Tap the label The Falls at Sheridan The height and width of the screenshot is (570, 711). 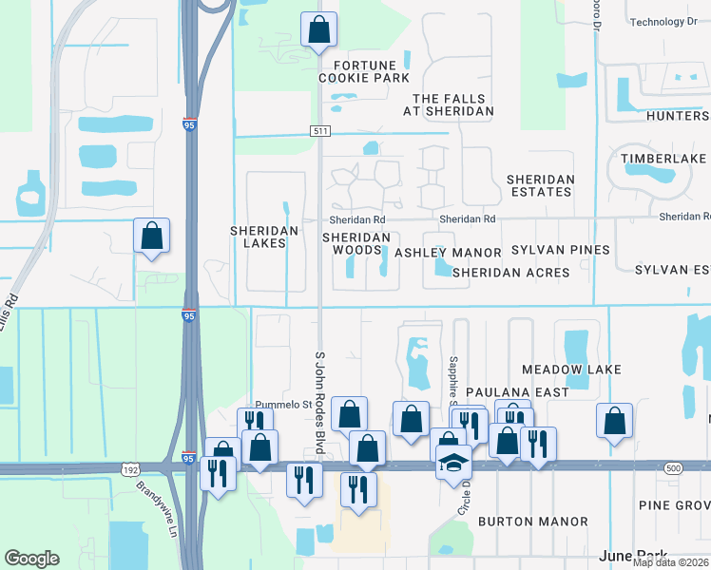point(453,104)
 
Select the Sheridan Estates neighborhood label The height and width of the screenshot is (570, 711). point(540,185)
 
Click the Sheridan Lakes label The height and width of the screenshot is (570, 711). point(264,237)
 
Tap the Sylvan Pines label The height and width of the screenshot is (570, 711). point(560,250)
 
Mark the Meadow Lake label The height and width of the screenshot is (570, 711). point(571,369)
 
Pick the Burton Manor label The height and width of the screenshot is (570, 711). point(532,522)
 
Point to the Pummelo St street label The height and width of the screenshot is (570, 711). point(282,405)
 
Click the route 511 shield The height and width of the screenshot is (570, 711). point(319,128)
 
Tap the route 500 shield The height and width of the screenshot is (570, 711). point(673,468)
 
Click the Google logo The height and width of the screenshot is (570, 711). point(31,559)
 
